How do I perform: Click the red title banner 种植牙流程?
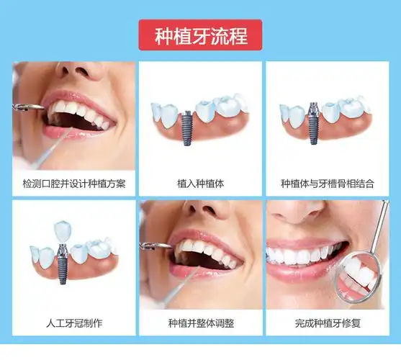pos(200,35)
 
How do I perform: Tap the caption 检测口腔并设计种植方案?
pos(74,184)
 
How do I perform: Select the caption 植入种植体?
pos(200,184)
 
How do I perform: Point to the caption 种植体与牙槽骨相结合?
pos(328,184)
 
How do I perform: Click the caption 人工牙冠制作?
pos(74,323)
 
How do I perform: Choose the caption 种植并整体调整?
pos(201,323)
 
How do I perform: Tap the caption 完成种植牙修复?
pos(328,323)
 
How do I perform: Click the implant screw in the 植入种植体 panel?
pos(188,127)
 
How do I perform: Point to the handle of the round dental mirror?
pos(380,226)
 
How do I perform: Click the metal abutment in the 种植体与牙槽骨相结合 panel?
pos(313,109)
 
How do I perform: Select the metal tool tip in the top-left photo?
pos(29,107)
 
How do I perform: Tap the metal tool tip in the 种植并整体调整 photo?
pos(156,246)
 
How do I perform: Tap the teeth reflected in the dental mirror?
pos(358,274)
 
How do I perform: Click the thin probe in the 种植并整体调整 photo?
pos(179,288)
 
